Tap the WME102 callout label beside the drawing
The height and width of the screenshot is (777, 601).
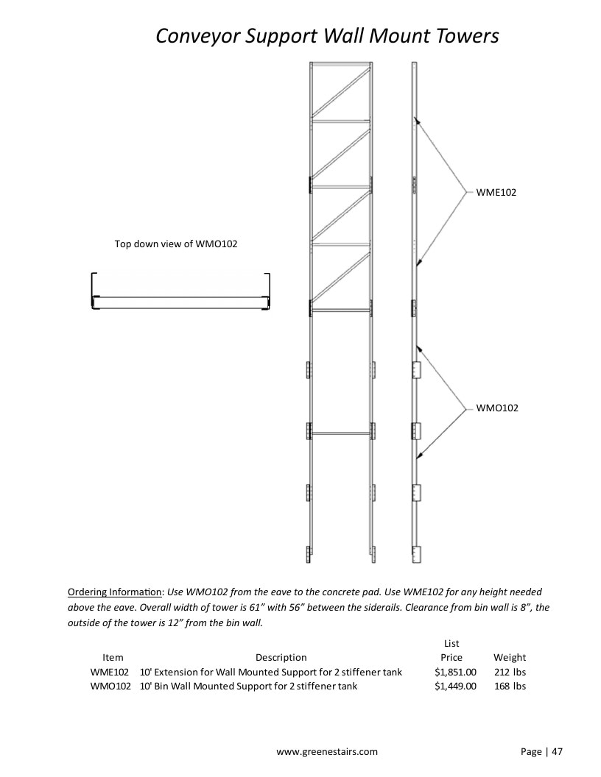[496, 192]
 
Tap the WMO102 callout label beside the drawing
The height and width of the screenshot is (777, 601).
[497, 408]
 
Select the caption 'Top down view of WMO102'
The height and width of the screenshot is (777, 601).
[176, 244]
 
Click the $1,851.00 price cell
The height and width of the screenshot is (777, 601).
[455, 672]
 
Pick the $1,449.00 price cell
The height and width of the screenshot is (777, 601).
[455, 686]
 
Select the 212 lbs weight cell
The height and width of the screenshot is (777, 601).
[510, 672]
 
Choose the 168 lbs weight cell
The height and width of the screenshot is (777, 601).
[510, 686]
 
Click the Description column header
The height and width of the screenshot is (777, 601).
[281, 658]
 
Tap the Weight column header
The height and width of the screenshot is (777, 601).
[510, 658]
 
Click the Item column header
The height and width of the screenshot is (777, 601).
[113, 658]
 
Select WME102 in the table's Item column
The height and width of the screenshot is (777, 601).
[109, 672]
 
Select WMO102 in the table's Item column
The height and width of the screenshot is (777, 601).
[110, 686]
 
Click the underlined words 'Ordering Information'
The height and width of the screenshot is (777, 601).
[115, 592]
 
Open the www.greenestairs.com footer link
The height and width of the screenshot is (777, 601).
[327, 752]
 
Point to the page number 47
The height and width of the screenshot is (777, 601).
[558, 752]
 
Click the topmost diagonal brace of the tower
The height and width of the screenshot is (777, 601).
[341, 92]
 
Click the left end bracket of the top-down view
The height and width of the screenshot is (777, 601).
[94, 291]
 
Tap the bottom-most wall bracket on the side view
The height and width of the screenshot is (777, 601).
[416, 555]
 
